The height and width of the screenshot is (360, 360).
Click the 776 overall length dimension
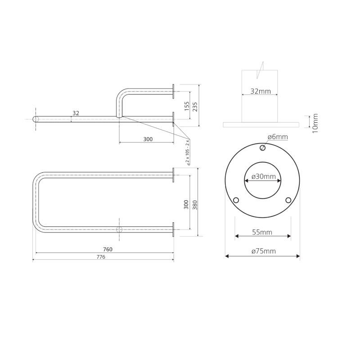101,257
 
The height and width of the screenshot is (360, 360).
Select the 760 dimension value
108,249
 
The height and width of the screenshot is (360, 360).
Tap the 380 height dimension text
195,205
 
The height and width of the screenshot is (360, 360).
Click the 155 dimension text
186,106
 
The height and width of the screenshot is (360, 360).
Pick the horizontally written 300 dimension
148,139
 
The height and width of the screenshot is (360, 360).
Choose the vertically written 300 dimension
186,205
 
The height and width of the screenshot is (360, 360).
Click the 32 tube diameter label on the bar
76,113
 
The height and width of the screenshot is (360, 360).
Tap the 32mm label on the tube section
261,91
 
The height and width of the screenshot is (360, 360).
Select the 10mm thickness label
315,122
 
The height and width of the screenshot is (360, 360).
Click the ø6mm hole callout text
277,137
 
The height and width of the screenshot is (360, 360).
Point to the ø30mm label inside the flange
263,176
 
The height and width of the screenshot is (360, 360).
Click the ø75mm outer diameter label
263,251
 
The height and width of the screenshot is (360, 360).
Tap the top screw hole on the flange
263,148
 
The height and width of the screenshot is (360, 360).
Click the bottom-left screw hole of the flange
236,200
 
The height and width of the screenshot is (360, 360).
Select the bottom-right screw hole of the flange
288,200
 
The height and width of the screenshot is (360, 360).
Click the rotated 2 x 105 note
189,153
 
